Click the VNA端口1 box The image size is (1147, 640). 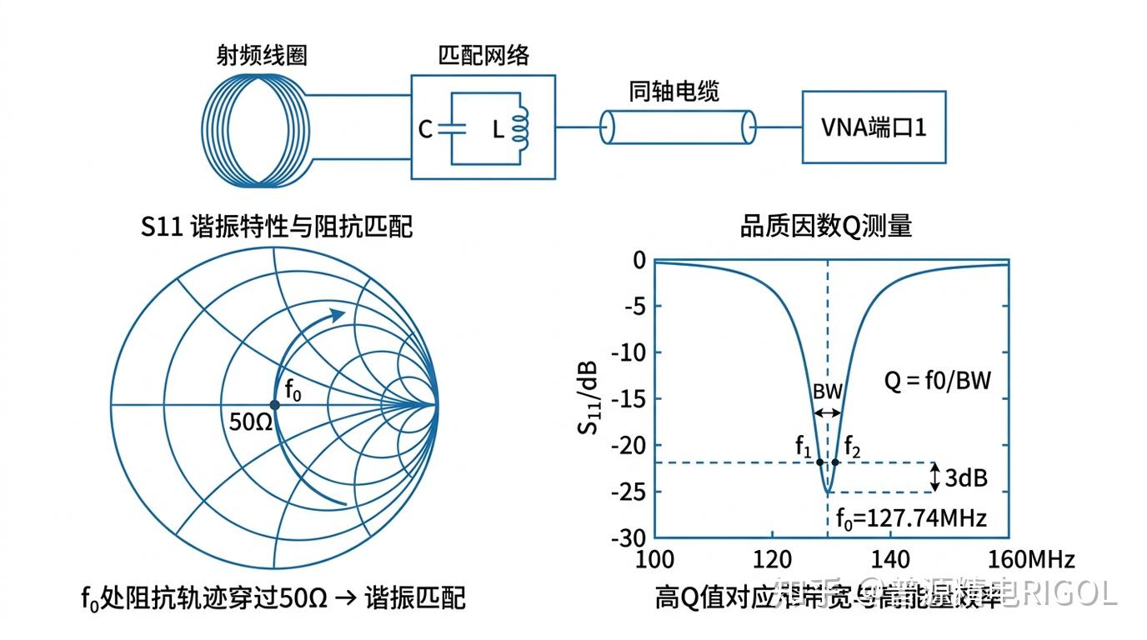point(874,127)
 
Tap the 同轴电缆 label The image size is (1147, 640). point(674,92)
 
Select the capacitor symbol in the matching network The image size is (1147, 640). point(451,129)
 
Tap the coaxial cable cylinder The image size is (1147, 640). point(677,127)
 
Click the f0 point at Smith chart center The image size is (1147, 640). point(274,405)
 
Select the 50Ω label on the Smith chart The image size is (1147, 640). point(251,421)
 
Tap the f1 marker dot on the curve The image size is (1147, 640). point(819,462)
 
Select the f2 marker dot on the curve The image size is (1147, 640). point(835,462)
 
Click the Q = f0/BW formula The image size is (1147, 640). point(938,381)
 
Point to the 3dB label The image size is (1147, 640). point(966,478)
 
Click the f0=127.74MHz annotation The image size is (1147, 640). point(911,518)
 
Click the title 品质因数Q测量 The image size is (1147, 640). point(826,226)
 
